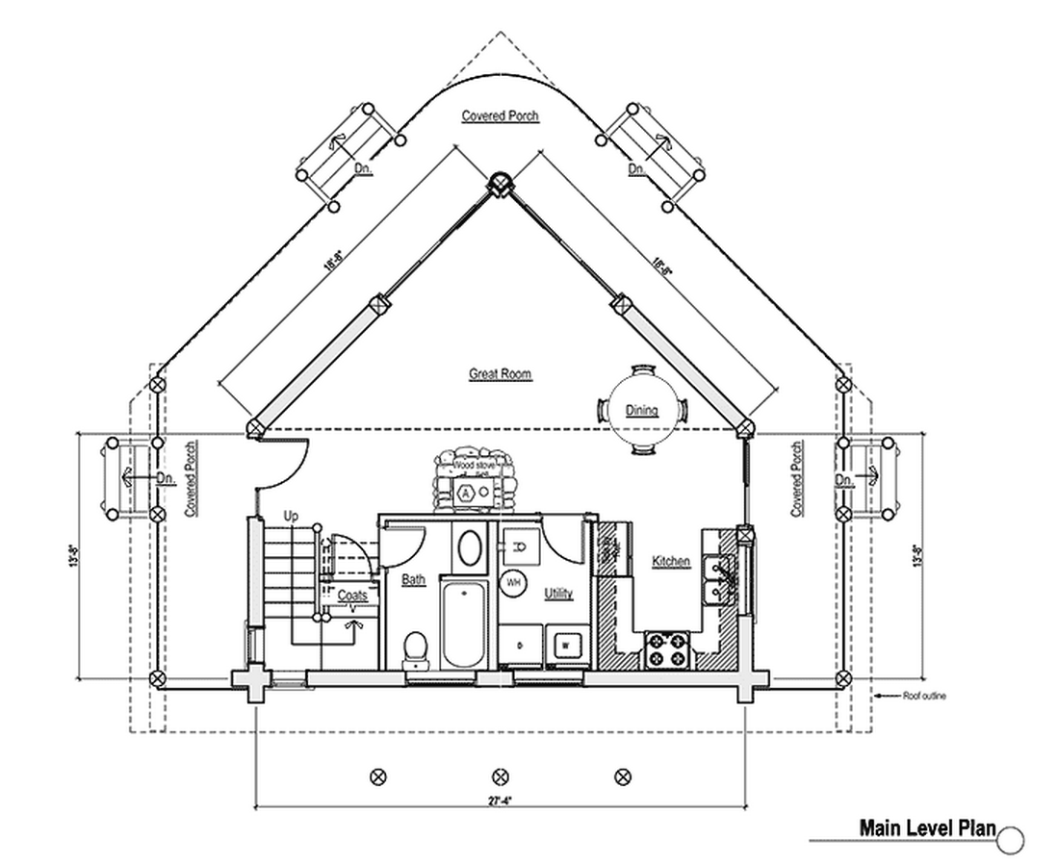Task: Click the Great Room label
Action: [500, 374]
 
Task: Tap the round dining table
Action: [642, 411]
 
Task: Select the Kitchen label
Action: [671, 561]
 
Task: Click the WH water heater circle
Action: [512, 582]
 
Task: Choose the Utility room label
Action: [558, 594]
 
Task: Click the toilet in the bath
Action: [415, 647]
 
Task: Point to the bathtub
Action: [465, 622]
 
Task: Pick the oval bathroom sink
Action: [470, 548]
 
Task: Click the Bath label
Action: [413, 580]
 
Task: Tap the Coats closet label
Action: [351, 596]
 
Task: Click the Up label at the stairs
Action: [292, 518]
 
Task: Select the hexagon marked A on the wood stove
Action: [467, 492]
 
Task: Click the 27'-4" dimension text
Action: [499, 797]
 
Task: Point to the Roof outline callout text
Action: [923, 696]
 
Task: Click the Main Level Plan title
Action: [927, 828]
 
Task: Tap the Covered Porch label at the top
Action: [500, 116]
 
